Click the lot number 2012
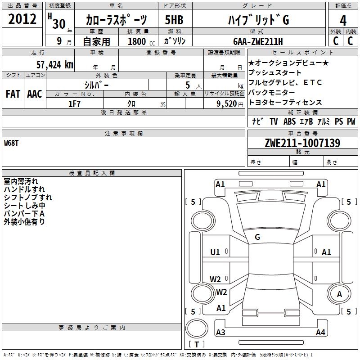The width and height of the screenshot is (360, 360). [x=22, y=19]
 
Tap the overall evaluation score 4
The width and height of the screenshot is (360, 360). [x=343, y=20]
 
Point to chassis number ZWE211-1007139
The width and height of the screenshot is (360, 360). [x=302, y=144]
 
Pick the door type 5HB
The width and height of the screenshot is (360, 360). [x=174, y=20]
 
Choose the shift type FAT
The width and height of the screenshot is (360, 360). [x=13, y=94]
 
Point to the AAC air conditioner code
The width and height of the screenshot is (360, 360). [x=35, y=94]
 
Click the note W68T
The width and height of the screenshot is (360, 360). [x=12, y=143]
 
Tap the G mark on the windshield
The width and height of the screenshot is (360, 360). [x=257, y=237]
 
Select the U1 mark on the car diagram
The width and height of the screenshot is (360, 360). [x=215, y=252]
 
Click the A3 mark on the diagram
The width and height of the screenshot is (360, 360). [x=220, y=333]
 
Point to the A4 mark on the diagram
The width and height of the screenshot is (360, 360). [x=320, y=333]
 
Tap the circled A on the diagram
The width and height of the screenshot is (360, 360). [x=340, y=294]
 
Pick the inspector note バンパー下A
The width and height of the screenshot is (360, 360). [x=24, y=214]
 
